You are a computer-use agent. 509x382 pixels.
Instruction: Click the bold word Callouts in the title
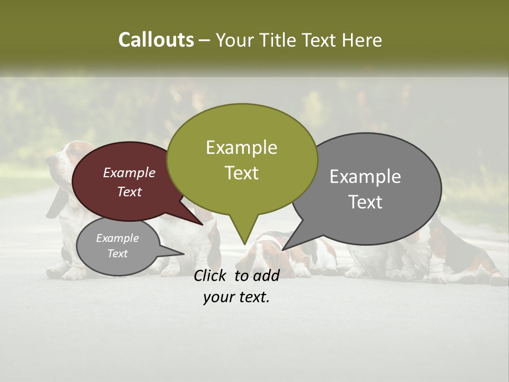tap(156, 40)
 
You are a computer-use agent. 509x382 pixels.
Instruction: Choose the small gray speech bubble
tap(118, 246)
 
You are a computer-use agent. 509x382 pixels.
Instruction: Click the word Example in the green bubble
tap(241, 147)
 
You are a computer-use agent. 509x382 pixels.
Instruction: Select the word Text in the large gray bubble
tap(365, 202)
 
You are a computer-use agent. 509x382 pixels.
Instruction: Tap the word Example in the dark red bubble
tap(129, 173)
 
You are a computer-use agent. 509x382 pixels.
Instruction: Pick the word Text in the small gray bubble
tap(118, 254)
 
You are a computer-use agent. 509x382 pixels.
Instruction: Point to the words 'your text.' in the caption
tap(236, 298)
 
